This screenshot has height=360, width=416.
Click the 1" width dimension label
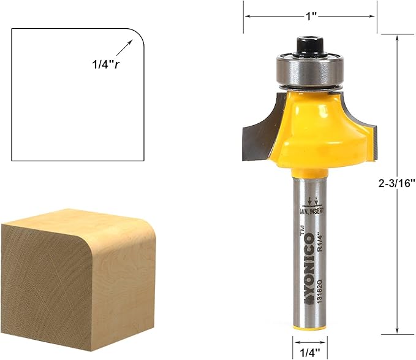(x=311, y=17)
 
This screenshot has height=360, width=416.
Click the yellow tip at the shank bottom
(x=311, y=327)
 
